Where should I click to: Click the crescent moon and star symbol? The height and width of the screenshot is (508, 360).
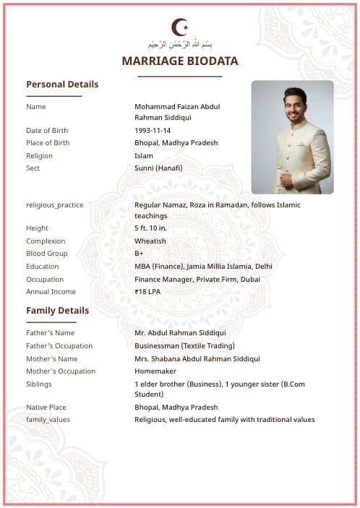tap(179, 27)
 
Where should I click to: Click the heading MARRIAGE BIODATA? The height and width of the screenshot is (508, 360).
tap(180, 61)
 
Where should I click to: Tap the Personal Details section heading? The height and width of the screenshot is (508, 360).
tap(62, 85)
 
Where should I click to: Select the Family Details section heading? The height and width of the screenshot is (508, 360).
tap(58, 311)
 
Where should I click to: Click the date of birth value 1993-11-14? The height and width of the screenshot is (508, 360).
tap(153, 131)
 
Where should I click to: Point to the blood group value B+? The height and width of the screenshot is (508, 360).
tap(139, 254)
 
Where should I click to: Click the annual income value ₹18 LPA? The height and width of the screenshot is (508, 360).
tap(147, 292)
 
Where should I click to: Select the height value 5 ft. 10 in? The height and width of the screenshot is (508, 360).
tap(151, 228)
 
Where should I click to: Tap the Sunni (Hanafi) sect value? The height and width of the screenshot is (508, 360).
tap(158, 168)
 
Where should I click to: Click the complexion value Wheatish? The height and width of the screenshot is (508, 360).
tap(150, 241)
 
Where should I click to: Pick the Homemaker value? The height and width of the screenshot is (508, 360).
tap(155, 371)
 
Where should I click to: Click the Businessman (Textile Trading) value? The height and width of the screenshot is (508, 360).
tap(184, 346)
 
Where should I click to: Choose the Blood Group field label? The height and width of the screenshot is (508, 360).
tap(47, 254)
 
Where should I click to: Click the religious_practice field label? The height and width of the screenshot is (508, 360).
tap(55, 205)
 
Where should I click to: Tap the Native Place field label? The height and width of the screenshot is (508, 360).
tap(46, 408)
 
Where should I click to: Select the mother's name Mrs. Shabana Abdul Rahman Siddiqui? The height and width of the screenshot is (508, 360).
tap(197, 359)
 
